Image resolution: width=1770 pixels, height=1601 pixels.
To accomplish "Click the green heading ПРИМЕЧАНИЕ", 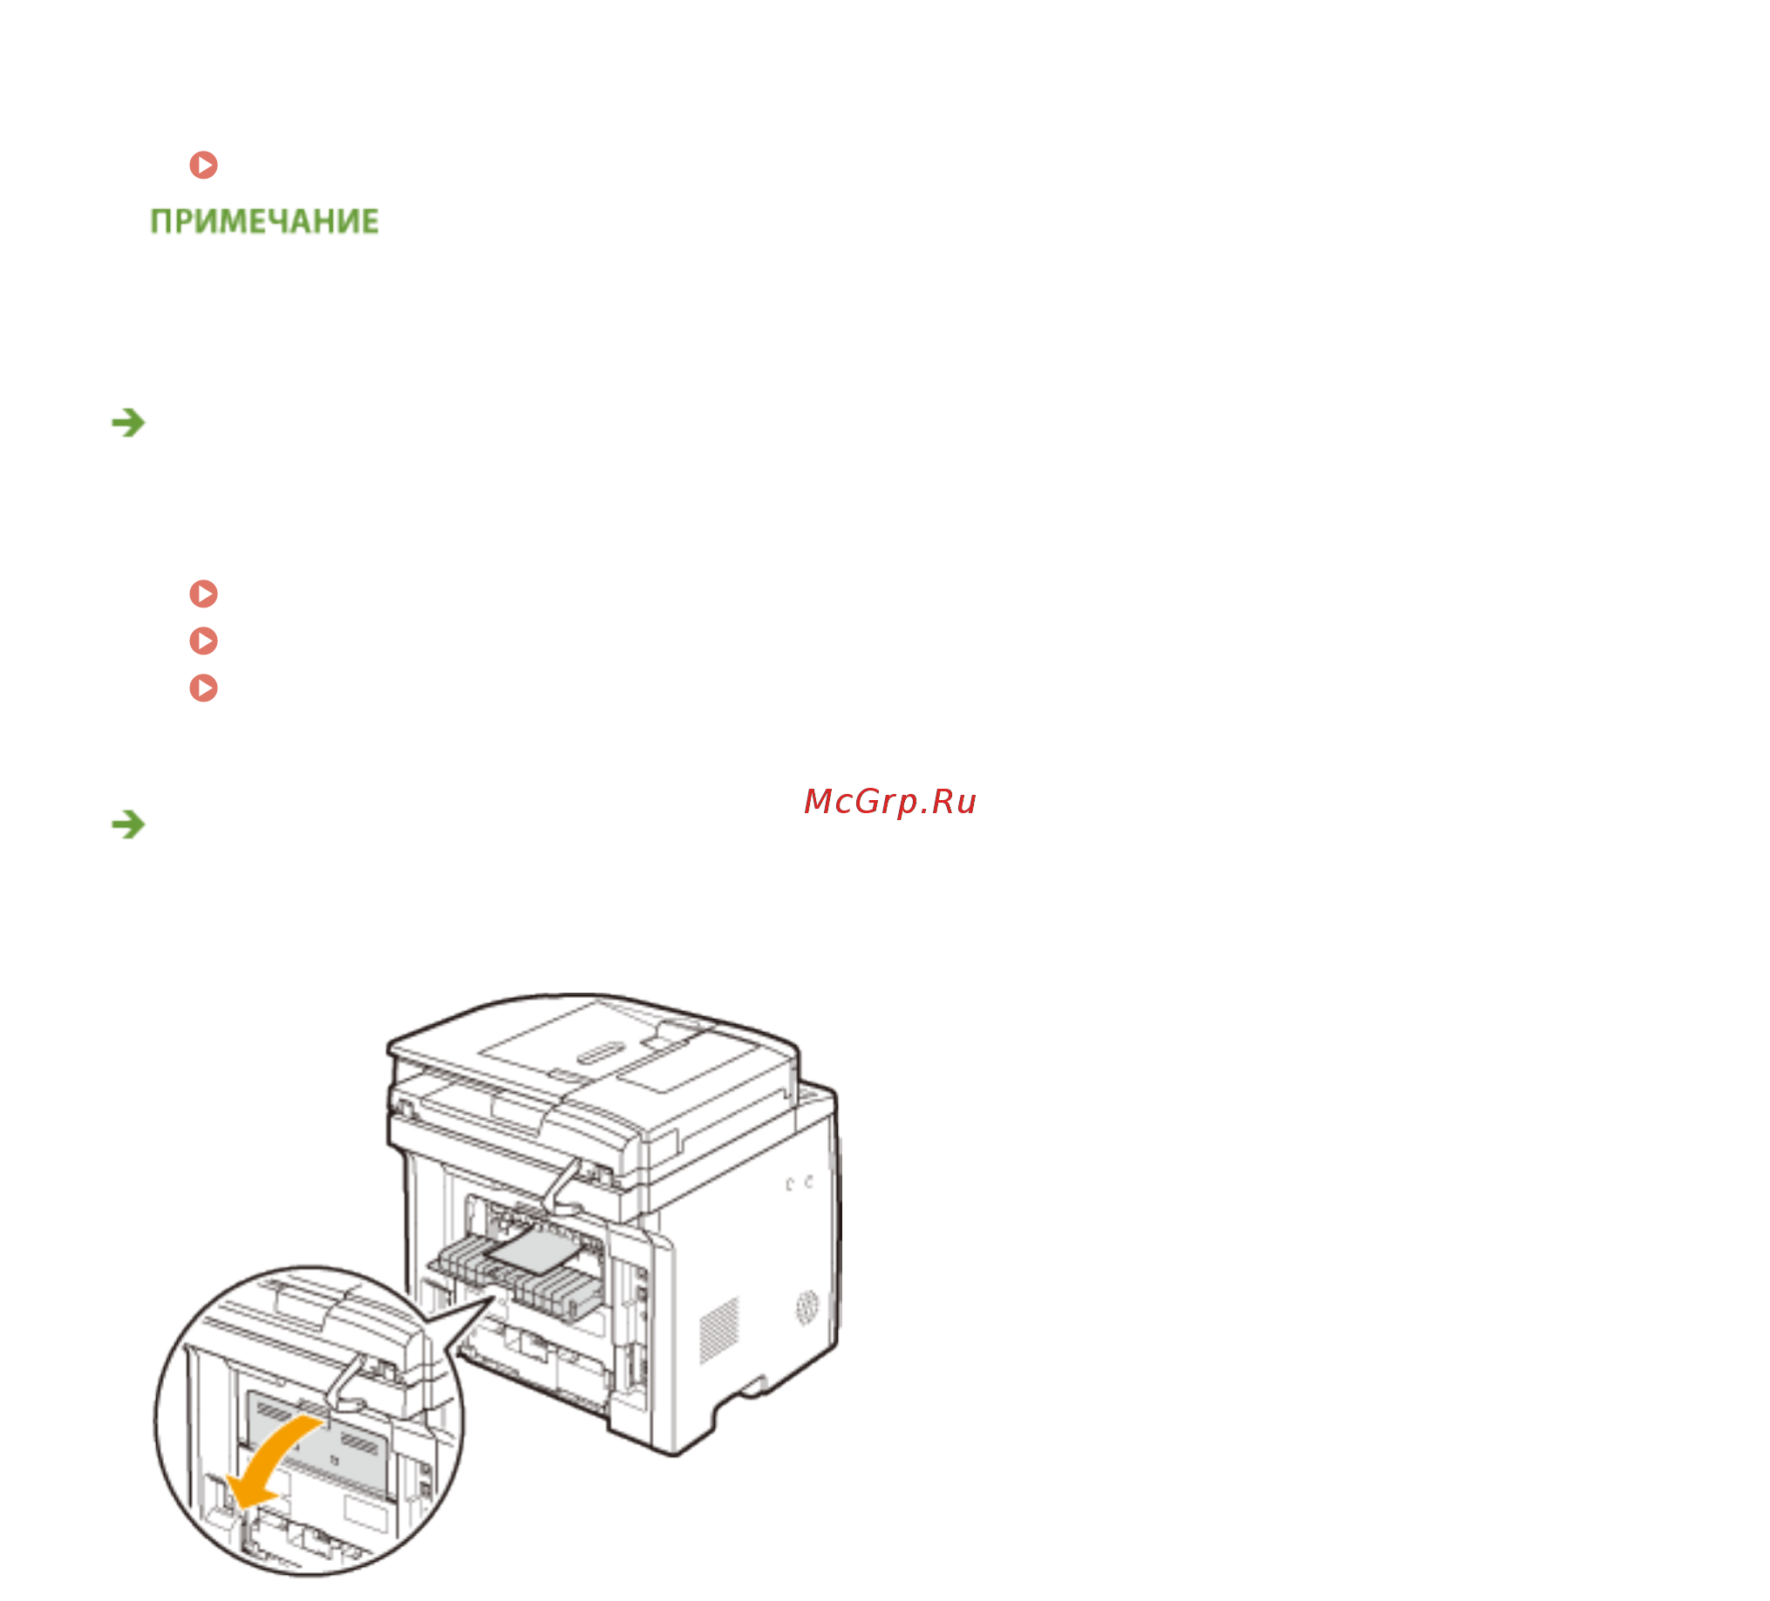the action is point(264,221).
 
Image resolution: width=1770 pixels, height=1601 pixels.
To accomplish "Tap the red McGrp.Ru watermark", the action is point(889,802).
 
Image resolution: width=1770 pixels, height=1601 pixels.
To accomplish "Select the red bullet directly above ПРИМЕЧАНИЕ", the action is point(204,164).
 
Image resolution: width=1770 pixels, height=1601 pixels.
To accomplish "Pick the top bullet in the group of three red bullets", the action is point(204,594).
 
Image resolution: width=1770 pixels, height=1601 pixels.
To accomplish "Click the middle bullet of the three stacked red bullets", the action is point(204,641).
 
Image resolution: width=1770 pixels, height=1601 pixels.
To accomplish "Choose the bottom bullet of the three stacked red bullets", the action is point(204,688).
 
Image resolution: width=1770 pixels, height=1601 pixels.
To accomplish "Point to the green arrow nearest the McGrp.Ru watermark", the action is point(128,824).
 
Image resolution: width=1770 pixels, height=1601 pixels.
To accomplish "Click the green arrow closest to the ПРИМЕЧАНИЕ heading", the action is point(128,423).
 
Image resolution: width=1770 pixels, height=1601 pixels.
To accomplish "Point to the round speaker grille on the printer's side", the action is point(807,1308).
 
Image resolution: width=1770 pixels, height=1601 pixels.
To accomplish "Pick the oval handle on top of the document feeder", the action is point(600,1053).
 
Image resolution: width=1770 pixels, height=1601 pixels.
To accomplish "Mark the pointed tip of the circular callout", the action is point(494,1299).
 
